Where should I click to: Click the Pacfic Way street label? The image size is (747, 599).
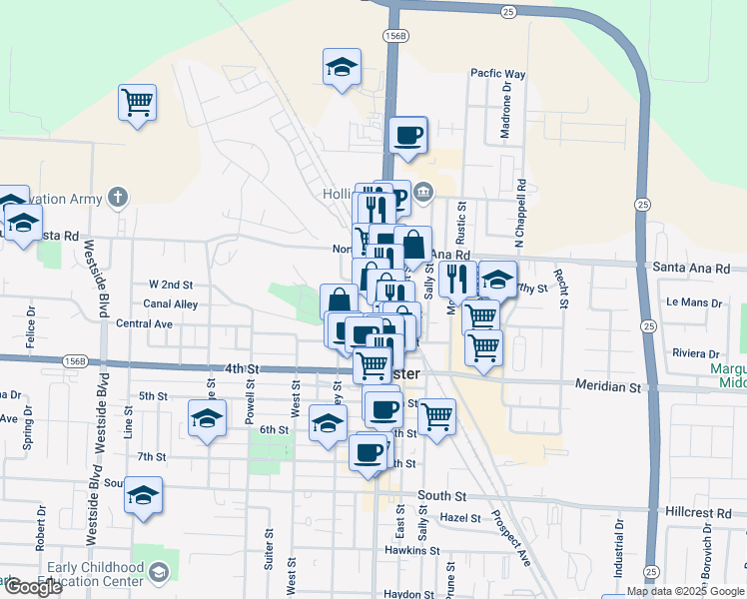pyautogui.click(x=498, y=74)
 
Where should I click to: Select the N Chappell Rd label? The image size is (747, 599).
pyautogui.click(x=520, y=214)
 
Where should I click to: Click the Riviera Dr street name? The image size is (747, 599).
pyautogui.click(x=696, y=353)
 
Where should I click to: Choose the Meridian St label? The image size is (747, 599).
pyautogui.click(x=607, y=385)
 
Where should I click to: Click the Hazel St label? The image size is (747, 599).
pyautogui.click(x=460, y=518)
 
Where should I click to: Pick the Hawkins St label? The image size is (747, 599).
pyautogui.click(x=412, y=550)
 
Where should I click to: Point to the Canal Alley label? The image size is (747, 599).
pyautogui.click(x=170, y=304)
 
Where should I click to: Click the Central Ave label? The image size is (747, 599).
pyautogui.click(x=146, y=323)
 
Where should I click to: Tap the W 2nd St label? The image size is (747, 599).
pyautogui.click(x=169, y=284)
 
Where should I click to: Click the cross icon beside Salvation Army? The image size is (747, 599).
pyautogui.click(x=118, y=196)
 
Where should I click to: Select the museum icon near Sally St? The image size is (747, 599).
pyautogui.click(x=423, y=192)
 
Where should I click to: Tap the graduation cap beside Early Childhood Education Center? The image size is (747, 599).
pyautogui.click(x=159, y=572)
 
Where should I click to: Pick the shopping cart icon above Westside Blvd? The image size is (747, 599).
pyautogui.click(x=137, y=101)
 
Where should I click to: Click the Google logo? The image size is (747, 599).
pyautogui.click(x=32, y=587)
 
